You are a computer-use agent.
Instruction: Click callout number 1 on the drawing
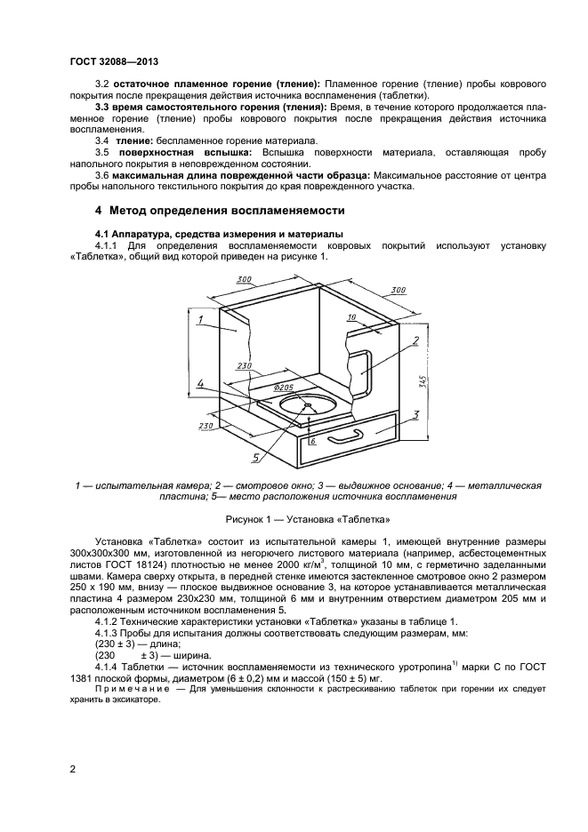click(x=202, y=318)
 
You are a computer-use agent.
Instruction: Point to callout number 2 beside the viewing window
click(x=414, y=340)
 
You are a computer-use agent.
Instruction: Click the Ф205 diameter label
click(x=284, y=388)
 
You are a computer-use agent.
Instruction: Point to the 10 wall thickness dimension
click(x=351, y=316)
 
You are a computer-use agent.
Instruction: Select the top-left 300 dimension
click(x=244, y=280)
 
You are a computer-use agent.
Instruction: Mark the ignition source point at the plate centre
click(x=307, y=407)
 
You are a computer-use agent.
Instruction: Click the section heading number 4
click(x=99, y=211)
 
